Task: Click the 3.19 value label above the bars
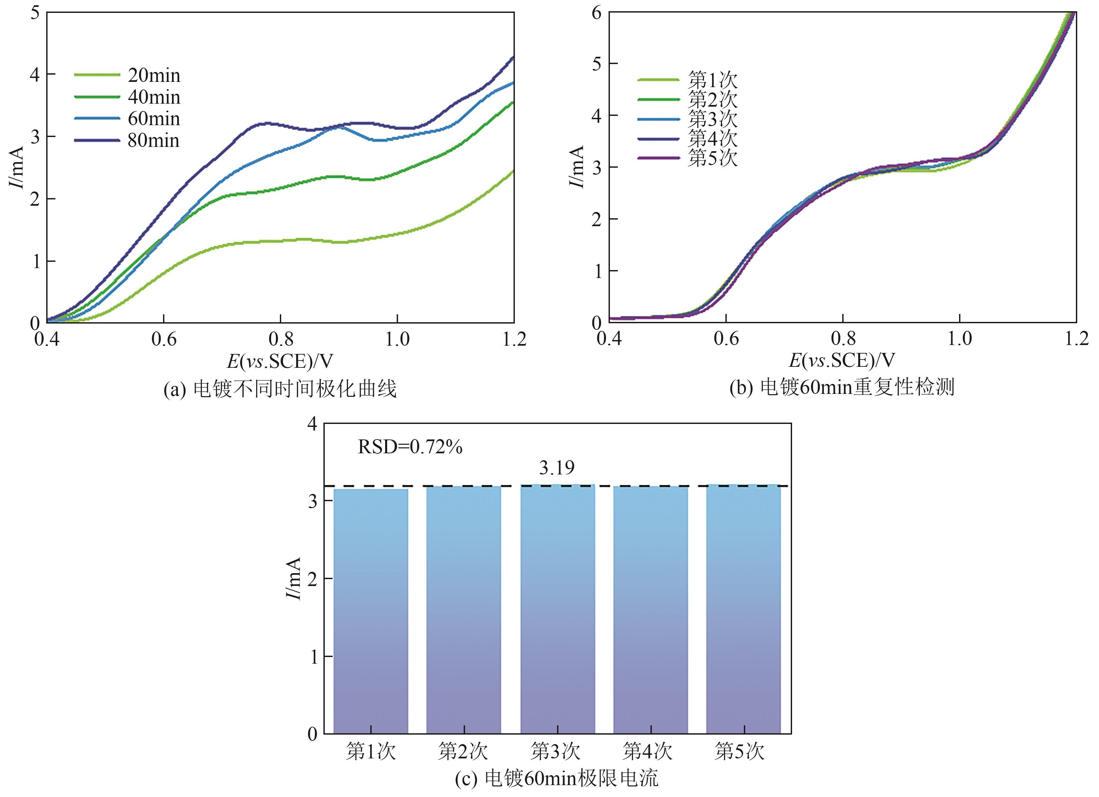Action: coord(557,468)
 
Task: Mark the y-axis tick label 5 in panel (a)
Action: coord(35,13)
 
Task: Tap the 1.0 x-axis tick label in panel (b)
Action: coord(959,338)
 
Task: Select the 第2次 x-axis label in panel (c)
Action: coord(463,751)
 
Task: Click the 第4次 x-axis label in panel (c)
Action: coord(648,751)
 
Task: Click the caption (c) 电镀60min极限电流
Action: coord(557,779)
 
